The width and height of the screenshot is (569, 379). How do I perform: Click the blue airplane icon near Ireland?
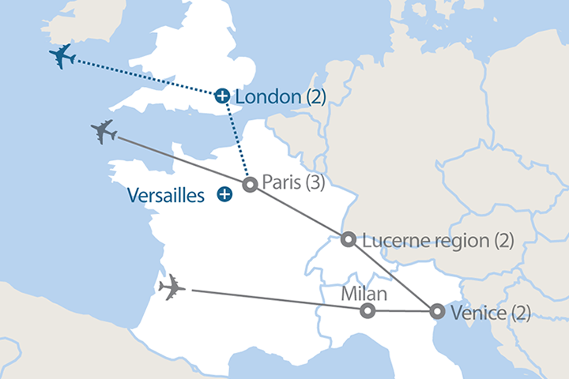point(62,57)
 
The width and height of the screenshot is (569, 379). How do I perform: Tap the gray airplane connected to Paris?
point(104,132)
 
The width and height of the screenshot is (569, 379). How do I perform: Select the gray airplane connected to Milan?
point(171,288)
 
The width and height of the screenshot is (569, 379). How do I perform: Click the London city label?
point(269,96)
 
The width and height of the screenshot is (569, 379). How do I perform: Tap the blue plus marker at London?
point(223,96)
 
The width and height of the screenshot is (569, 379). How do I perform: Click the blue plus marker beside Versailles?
point(226,193)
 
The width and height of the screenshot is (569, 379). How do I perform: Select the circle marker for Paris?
point(250,185)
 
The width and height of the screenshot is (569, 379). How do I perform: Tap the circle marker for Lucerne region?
point(348,239)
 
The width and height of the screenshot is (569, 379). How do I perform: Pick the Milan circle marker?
point(367,311)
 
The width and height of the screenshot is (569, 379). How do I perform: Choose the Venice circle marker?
point(436,312)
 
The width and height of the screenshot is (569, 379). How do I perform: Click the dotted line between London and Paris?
point(236,139)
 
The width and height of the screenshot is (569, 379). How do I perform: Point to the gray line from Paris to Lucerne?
point(299,212)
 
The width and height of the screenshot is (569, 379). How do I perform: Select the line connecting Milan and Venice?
point(401,311)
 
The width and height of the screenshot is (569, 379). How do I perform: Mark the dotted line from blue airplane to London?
point(142,77)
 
